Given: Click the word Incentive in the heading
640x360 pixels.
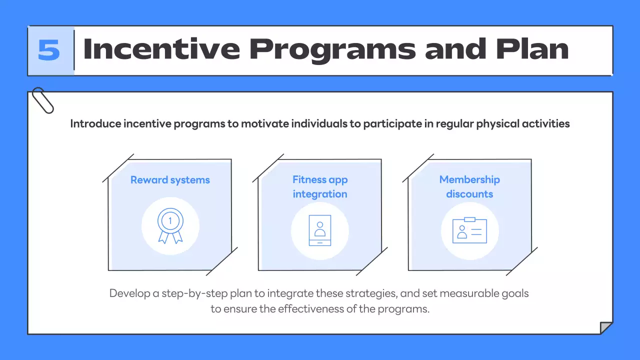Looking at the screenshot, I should [160, 49].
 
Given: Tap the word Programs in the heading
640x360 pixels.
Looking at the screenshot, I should [332, 49].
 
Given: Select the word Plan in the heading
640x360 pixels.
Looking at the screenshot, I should [532, 49].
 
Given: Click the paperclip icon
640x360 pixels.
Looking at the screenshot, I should [42, 100].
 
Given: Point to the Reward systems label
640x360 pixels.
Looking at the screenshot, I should [170, 180].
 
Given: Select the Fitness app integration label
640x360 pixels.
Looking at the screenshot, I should [320, 186].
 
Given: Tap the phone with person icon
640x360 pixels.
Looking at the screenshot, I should [320, 230].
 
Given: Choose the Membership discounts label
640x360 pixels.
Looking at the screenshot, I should [469, 186].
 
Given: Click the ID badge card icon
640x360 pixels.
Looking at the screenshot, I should [469, 230].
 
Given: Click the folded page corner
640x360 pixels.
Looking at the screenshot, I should [606, 327].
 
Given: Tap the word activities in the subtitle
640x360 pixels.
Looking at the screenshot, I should [547, 123].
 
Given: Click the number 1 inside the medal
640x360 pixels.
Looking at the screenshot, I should [170, 220].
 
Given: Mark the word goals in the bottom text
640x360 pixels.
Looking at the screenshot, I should [515, 293].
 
